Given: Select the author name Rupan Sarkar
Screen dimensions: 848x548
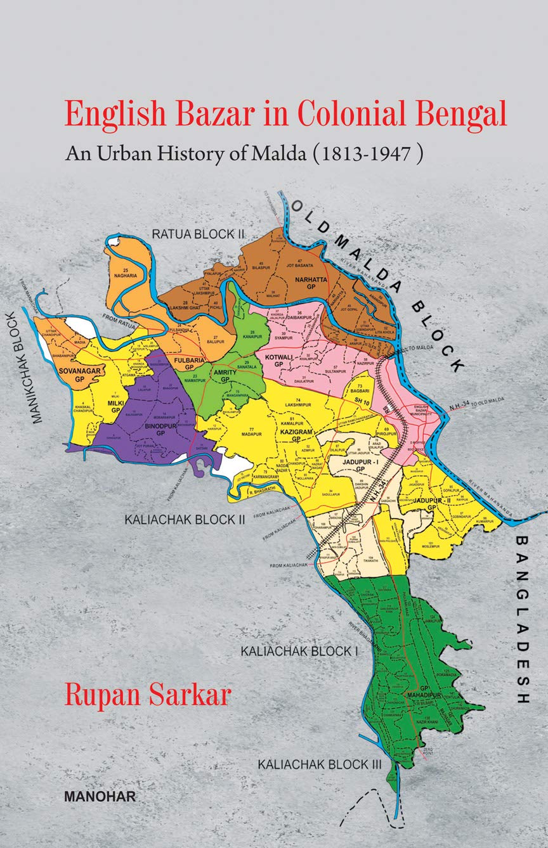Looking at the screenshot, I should [x=147, y=694].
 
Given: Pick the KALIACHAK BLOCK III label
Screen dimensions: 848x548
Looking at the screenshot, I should [x=319, y=765].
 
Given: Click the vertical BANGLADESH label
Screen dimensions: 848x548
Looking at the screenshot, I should [x=522, y=620].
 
